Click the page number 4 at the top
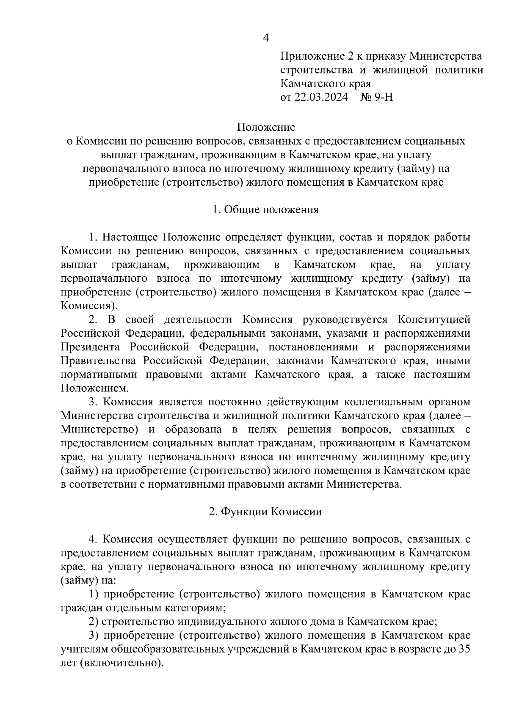(266, 38)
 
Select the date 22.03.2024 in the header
(320, 97)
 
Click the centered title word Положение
(266, 127)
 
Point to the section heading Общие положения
(271, 209)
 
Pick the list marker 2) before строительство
(94, 622)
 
